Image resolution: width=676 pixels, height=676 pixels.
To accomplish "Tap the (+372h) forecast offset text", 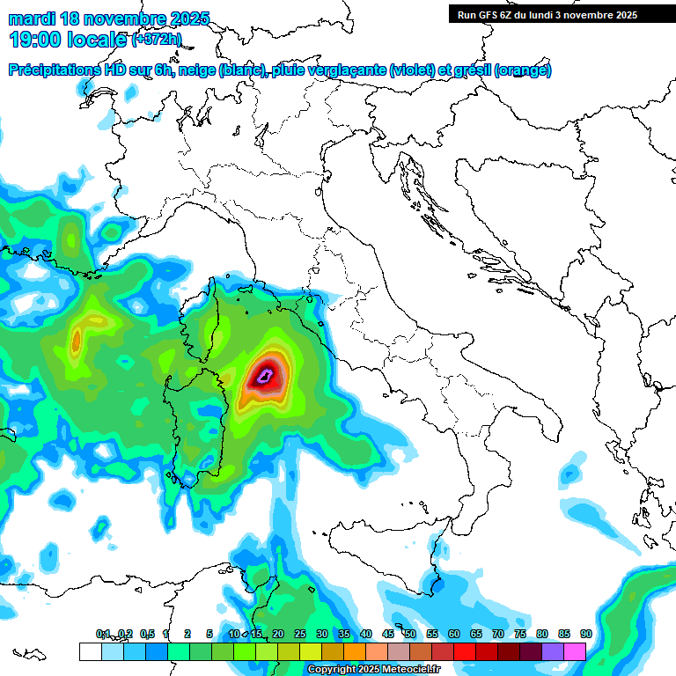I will [157, 40].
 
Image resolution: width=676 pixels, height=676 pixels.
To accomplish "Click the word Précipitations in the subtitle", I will [57, 70].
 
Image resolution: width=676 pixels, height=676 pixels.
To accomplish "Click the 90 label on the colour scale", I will [585, 634].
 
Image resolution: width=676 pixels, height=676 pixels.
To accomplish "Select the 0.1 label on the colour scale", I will [103, 634].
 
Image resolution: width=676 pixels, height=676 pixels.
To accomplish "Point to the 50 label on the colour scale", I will [410, 634].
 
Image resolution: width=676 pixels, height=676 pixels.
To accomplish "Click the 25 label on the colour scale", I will [300, 634].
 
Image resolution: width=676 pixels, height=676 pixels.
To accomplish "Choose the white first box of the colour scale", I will [90, 651].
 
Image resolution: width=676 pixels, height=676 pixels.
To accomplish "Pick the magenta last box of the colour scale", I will [575, 651].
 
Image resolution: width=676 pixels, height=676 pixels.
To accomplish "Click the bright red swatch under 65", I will [465, 651].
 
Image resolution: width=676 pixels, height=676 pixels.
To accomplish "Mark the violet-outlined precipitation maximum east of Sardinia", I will [264, 378].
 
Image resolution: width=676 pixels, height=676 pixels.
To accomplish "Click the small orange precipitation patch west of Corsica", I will [77, 338].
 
